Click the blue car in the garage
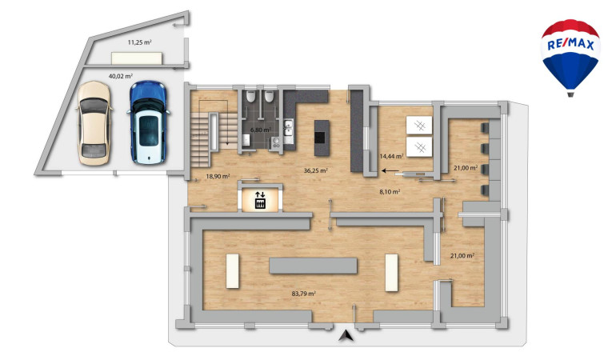[x=148, y=122]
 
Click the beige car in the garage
[x=94, y=123]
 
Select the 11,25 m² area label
[x=139, y=42]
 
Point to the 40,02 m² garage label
[x=120, y=76]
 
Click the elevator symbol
[x=260, y=200]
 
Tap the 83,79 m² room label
[x=304, y=294]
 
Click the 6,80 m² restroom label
[x=261, y=130]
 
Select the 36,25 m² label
[x=316, y=170]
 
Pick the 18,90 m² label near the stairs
[x=218, y=177]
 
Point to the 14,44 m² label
[x=391, y=156]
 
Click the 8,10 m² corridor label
[x=390, y=192]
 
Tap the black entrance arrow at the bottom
[x=346, y=335]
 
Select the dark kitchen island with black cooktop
[x=322, y=138]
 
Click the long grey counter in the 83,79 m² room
[x=313, y=266]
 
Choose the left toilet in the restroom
[x=250, y=97]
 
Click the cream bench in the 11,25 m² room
[x=137, y=58]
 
